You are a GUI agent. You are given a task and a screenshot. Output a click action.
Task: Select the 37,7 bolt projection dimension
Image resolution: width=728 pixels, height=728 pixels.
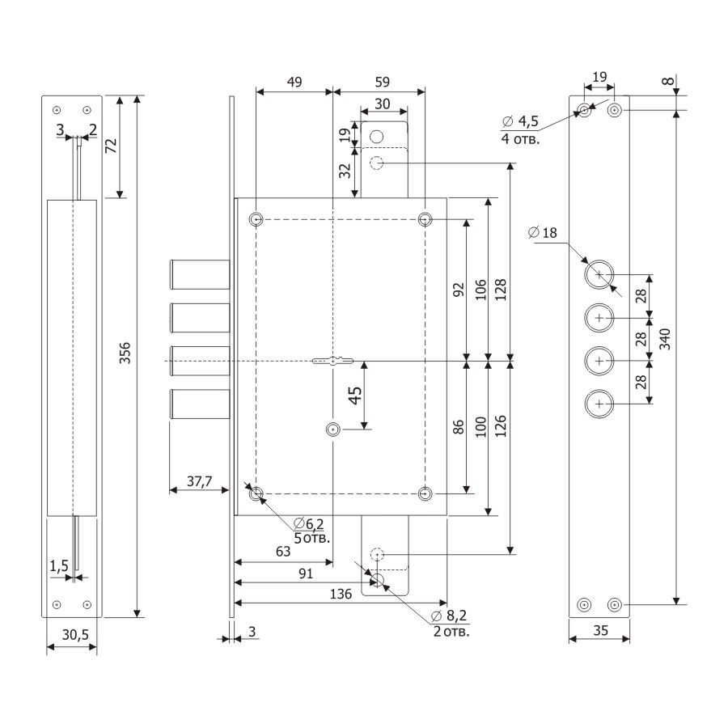194,481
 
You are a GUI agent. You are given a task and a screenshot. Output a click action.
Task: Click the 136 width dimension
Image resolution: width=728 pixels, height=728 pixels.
341,594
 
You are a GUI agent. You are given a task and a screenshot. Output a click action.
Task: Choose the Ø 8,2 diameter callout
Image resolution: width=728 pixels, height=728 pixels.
450,616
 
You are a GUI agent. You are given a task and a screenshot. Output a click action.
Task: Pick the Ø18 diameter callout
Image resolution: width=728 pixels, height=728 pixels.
543,233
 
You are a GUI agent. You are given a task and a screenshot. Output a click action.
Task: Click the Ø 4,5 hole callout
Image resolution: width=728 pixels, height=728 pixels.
520,121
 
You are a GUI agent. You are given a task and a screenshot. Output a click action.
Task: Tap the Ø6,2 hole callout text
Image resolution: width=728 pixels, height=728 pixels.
309,523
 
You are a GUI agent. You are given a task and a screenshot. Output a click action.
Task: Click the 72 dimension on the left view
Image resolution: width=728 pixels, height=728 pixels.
111,146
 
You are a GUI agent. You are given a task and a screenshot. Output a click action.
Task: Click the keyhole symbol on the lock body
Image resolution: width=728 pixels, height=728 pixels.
332,360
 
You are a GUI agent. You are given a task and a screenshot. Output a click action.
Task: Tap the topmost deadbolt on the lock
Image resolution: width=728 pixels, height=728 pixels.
201,273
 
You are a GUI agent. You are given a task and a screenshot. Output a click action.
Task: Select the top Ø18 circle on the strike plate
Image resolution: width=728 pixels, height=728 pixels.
599,275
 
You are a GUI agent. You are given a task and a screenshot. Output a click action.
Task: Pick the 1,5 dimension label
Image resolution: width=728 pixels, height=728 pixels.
58,566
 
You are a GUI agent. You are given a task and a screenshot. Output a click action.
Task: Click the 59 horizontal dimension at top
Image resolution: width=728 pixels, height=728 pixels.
379,82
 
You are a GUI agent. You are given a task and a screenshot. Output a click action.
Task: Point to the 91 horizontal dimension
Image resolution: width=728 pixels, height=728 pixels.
307,573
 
